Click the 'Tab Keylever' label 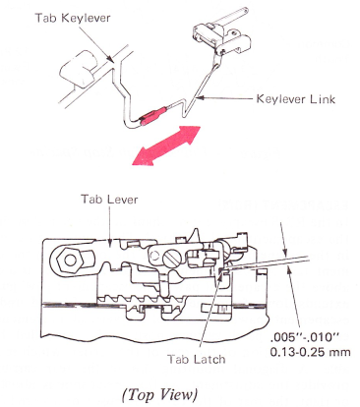pyautogui.click(x=73, y=18)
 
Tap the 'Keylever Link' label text pyautogui.click(x=296, y=99)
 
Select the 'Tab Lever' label pyautogui.click(x=109, y=200)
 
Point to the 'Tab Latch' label pyautogui.click(x=197, y=359)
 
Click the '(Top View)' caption pyautogui.click(x=159, y=395)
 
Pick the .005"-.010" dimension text pyautogui.click(x=306, y=336)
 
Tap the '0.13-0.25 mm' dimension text pyautogui.click(x=310, y=352)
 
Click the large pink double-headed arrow pyautogui.click(x=166, y=145)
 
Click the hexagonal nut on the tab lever pyautogui.click(x=70, y=261)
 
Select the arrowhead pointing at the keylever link pyautogui.click(x=200, y=97)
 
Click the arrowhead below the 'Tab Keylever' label pyautogui.click(x=110, y=58)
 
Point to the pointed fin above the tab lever pyautogui.click(x=196, y=236)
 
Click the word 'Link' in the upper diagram pyautogui.click(x=323, y=99)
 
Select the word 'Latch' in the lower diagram pyautogui.click(x=209, y=359)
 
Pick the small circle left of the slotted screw pyautogui.click(x=154, y=255)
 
